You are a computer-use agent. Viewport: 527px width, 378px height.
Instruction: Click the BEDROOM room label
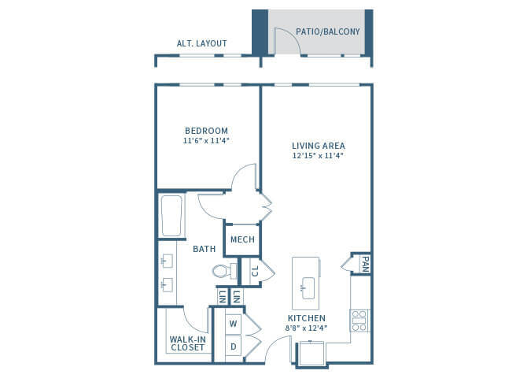206,131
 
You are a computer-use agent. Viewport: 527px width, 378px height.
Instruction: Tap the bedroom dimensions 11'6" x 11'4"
206,141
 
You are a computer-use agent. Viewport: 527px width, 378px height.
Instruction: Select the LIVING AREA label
319,146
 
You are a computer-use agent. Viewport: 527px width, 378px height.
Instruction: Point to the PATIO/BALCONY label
328,31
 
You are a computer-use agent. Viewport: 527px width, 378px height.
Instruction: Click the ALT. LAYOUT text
201,43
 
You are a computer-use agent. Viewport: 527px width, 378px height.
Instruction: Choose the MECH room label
242,239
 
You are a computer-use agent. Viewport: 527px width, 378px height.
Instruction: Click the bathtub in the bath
171,216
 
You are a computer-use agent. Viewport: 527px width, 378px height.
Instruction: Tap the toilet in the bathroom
224,271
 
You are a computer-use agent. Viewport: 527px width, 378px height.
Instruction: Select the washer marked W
234,324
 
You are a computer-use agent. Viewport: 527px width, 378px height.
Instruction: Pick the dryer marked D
234,346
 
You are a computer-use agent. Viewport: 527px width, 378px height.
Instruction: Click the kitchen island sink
308,288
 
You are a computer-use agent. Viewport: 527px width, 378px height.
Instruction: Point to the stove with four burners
359,321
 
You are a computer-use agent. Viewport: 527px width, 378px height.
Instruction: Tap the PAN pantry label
365,265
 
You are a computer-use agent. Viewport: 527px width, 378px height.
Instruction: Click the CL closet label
255,271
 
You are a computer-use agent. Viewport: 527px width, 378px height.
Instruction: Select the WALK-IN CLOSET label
187,343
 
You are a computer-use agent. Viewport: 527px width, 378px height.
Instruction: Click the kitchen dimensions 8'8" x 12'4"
306,328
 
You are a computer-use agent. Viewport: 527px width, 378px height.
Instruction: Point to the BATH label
204,249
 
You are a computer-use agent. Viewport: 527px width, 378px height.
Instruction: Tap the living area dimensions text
318,155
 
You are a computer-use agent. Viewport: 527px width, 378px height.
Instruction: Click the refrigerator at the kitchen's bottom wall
311,353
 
